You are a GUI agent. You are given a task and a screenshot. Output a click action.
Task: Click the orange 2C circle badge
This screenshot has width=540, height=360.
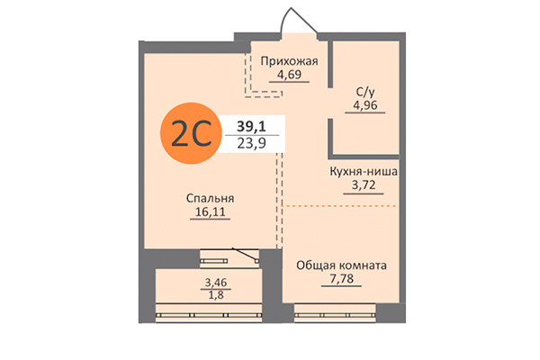[x=189, y=135]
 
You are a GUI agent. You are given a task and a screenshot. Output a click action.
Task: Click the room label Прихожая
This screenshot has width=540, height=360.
[x=290, y=61]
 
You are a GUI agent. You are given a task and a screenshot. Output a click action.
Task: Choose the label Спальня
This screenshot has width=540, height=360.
[x=211, y=198]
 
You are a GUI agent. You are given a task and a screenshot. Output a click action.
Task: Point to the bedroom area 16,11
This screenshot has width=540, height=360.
[x=211, y=212]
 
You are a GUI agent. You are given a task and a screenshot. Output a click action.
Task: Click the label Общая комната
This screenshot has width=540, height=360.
[x=341, y=266]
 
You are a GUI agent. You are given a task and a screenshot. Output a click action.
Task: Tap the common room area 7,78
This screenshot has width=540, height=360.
[x=341, y=281]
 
